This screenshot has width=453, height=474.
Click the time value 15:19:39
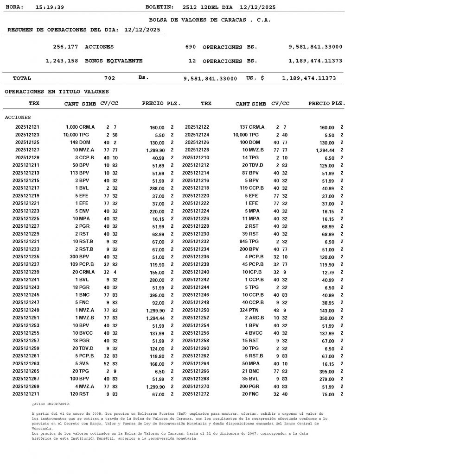[x=50, y=7]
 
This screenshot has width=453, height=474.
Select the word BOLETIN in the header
[x=160, y=7]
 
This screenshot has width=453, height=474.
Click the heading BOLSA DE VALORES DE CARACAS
[x=210, y=20]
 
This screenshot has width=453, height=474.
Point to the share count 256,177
[x=65, y=47]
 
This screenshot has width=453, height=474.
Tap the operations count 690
[x=191, y=47]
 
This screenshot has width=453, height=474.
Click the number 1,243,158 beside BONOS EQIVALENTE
[x=62, y=61]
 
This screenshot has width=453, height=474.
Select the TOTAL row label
[x=22, y=78]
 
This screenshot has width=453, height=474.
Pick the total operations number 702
[x=109, y=78]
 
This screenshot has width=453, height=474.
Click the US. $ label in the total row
[x=255, y=78]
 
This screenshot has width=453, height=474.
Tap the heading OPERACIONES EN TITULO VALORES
[x=57, y=92]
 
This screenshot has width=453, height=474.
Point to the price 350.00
[x=326, y=318]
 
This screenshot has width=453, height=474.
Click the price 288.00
[x=157, y=188]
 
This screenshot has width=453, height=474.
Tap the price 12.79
[x=327, y=272]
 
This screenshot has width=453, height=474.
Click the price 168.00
[x=157, y=364]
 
